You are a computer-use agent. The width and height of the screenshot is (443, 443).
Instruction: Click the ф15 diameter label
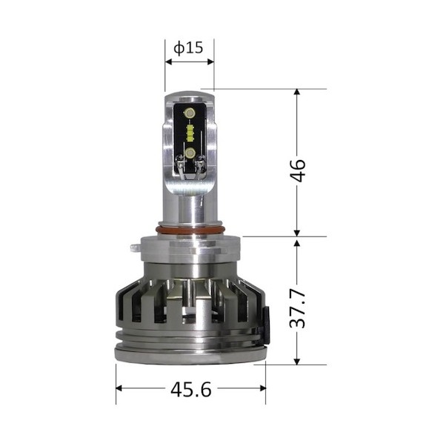[x=188, y=47]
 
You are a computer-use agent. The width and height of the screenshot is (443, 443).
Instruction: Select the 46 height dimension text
[x=298, y=170]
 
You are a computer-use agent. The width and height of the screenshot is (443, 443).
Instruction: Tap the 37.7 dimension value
[x=298, y=308]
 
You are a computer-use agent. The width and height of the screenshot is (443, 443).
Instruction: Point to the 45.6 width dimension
[x=191, y=390]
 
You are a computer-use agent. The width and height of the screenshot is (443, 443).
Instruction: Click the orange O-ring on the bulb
[x=190, y=230]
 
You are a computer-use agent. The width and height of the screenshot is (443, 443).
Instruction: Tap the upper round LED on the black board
[x=190, y=113]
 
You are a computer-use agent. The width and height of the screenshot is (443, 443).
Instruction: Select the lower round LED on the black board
[x=190, y=153]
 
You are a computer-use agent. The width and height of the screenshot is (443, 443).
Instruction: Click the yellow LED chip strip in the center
[x=190, y=133]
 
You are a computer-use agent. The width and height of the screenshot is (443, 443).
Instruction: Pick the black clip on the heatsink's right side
[x=265, y=325]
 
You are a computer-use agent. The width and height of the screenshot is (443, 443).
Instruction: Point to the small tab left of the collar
[x=136, y=248]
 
